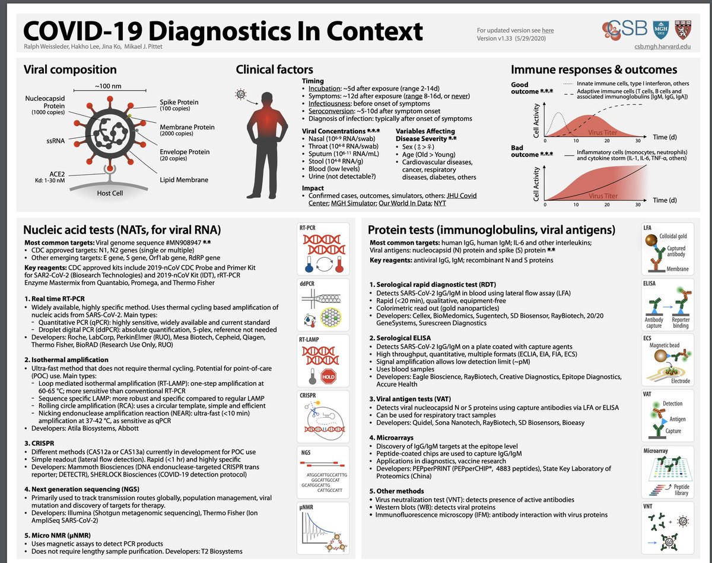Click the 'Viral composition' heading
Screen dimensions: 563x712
(x=69, y=70)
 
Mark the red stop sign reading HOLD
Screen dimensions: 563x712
(x=328, y=375)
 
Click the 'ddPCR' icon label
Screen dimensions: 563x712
(x=309, y=282)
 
